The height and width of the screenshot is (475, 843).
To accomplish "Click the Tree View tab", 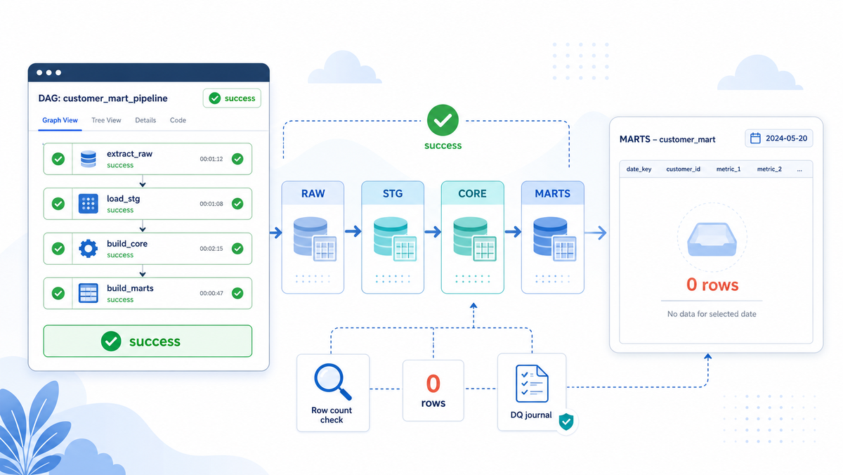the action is (x=106, y=120).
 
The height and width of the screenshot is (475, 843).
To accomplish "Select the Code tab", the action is (x=178, y=120).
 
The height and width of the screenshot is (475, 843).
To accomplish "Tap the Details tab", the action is (x=145, y=120).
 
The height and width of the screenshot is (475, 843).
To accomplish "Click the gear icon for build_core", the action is (x=88, y=249).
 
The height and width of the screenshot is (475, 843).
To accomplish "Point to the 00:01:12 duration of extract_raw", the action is (x=211, y=159).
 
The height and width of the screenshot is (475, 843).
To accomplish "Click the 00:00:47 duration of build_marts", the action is (x=211, y=293).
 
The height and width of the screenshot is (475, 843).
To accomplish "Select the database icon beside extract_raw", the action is (x=88, y=159).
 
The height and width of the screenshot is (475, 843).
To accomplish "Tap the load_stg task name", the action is (x=123, y=199).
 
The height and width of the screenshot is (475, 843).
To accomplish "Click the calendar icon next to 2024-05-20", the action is (x=755, y=138).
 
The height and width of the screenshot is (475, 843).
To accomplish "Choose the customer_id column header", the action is (x=683, y=169).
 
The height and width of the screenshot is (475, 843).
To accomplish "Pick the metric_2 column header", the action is (x=769, y=169).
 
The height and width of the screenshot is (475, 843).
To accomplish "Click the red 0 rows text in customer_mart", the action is (x=712, y=285).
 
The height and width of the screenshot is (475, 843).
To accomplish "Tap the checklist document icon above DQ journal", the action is (x=532, y=384).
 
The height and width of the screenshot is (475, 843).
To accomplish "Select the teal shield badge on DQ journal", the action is (x=566, y=422).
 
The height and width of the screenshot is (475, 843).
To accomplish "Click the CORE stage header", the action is (x=472, y=193).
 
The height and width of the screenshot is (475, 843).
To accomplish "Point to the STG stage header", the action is (x=393, y=193).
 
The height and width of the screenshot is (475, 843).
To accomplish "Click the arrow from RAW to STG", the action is (x=353, y=231).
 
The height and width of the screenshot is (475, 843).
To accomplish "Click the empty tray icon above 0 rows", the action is (x=712, y=240).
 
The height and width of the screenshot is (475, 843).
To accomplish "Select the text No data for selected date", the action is (x=712, y=314).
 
